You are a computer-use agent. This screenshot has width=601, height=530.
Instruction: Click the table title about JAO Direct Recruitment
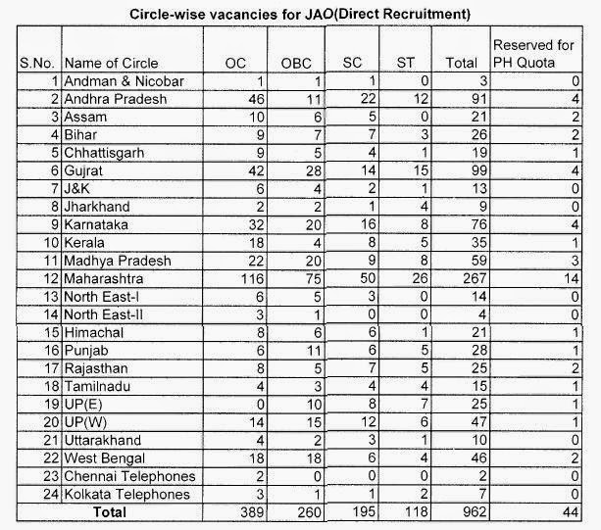pyautogui.click(x=300, y=15)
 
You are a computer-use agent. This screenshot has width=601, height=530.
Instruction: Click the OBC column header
pyautogui.click(x=295, y=63)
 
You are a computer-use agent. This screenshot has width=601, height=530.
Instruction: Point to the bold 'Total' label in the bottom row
pyautogui.click(x=110, y=512)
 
